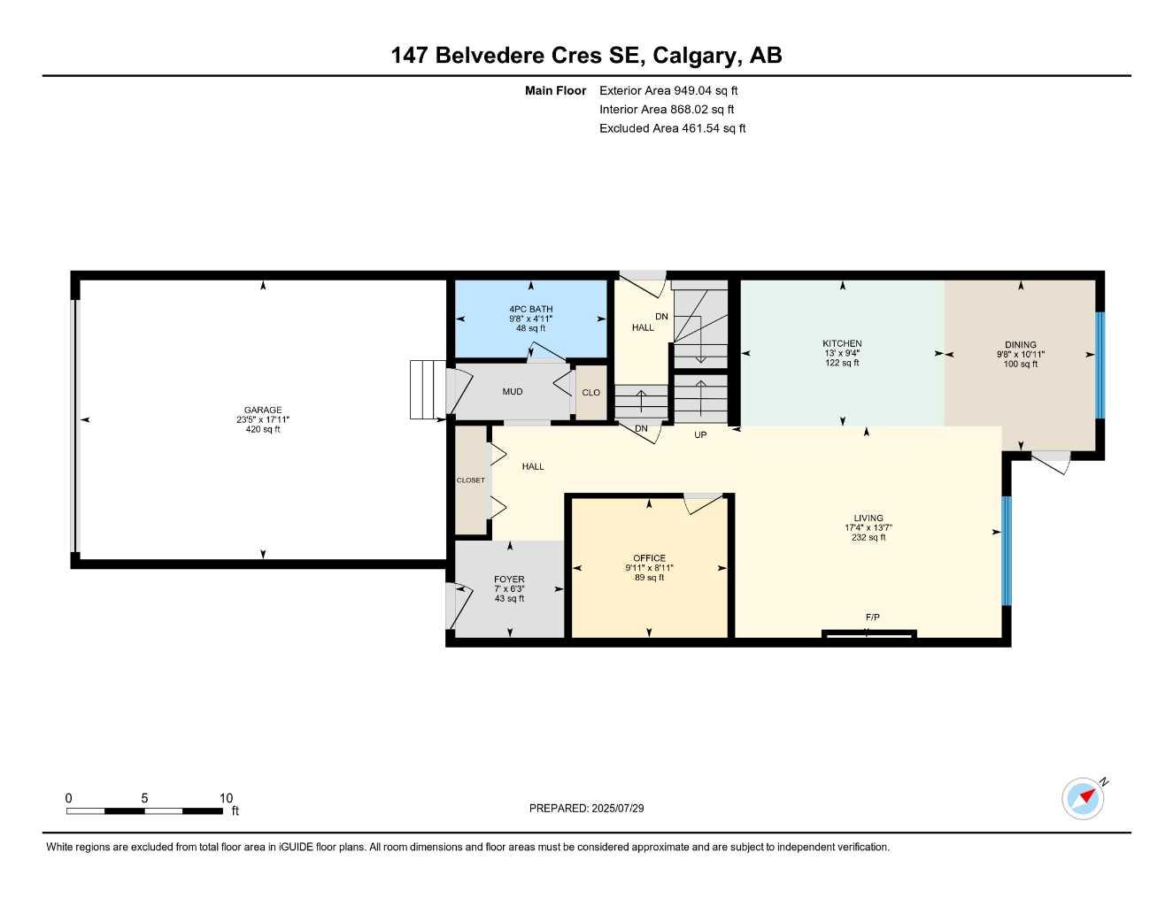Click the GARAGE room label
point(263,410)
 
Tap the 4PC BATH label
point(530,309)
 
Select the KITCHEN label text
point(842,343)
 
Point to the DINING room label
point(1020,345)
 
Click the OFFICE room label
point(649,558)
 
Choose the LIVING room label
point(868,518)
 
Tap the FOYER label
point(509,580)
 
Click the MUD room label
point(513,391)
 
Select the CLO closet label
point(590,393)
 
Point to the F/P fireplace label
point(872,617)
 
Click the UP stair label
point(700,435)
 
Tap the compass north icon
point(1084,798)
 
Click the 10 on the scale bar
point(226,798)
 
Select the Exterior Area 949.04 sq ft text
point(668,90)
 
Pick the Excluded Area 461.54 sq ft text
point(672,128)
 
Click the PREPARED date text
point(586,808)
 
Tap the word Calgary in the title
point(695,56)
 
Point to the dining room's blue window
point(1100,365)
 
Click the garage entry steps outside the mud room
point(427,389)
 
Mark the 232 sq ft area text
point(868,537)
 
